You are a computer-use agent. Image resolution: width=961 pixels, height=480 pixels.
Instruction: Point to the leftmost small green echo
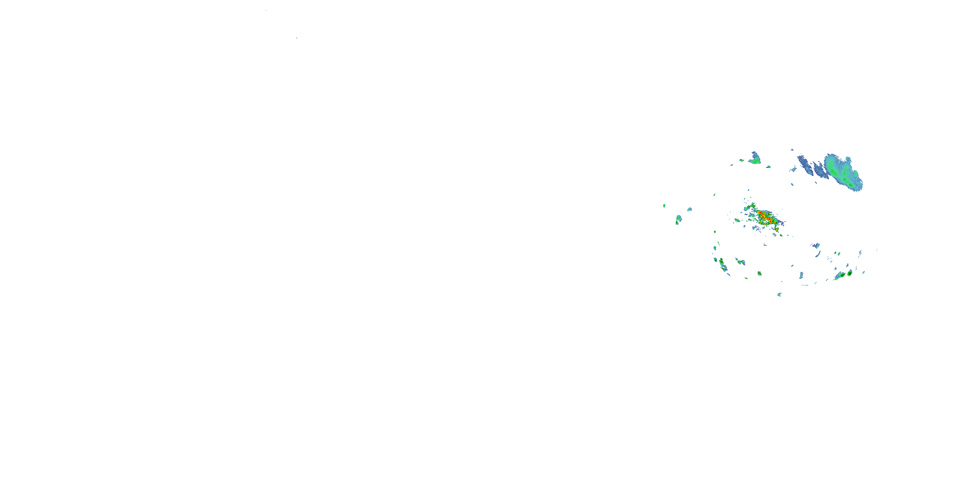[664, 205]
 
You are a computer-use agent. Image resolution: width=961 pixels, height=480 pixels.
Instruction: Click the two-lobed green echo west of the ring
[678, 220]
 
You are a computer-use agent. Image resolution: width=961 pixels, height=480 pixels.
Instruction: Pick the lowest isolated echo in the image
[779, 294]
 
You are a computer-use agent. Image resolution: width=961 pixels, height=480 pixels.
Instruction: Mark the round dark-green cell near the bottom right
[850, 273]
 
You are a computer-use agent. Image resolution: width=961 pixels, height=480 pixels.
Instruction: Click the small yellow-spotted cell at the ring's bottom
[759, 273]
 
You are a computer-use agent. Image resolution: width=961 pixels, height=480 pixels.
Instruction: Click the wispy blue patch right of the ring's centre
[816, 245]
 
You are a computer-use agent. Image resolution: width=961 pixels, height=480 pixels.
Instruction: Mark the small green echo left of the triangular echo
[741, 160]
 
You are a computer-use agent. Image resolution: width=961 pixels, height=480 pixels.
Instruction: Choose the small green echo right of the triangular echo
[768, 167]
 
